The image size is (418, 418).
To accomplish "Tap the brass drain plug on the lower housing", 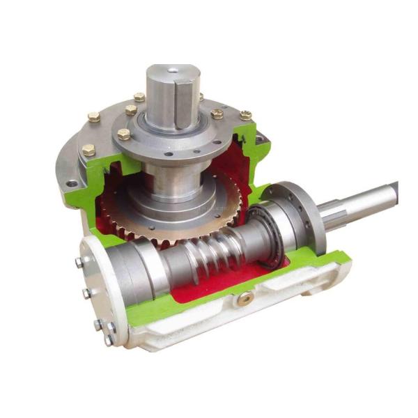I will coord(245,299).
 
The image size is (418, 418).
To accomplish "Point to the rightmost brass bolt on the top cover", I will coord(245,115).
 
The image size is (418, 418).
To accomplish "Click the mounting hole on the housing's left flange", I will coord(72,184).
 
